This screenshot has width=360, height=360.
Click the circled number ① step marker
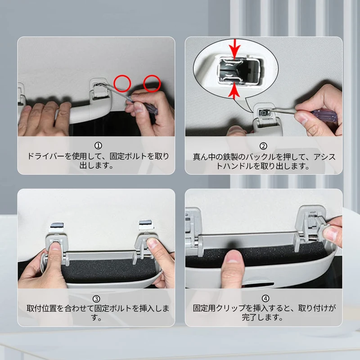[x=98, y=145]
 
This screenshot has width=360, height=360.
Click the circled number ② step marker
[x=263, y=146]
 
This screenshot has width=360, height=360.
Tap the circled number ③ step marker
[x=96, y=299]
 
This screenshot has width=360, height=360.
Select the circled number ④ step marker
[x=265, y=298]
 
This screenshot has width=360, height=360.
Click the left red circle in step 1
[x=122, y=83]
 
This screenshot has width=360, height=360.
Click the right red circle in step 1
[x=152, y=83]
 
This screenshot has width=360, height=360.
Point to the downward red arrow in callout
[x=234, y=49]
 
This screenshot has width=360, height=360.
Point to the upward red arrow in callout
[x=234, y=92]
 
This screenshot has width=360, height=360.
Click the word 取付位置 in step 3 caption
[x=41, y=308]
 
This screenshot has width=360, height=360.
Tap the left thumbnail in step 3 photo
[x=55, y=246]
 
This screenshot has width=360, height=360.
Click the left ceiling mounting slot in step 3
[x=57, y=225]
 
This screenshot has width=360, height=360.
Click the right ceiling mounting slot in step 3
[x=145, y=224]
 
